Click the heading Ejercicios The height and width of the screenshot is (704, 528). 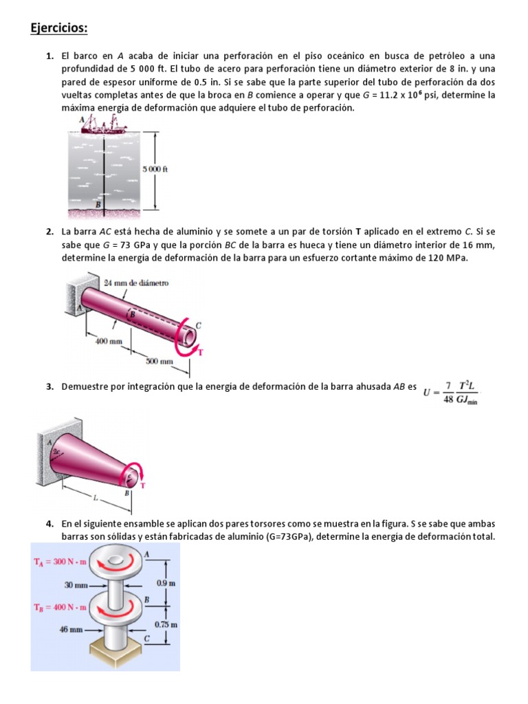coord(59,28)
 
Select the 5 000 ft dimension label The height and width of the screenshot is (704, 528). coord(155,168)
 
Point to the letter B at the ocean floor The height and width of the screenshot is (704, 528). coord(98,204)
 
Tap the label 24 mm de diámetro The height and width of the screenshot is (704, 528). coord(135,283)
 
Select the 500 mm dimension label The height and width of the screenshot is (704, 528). coord(159,360)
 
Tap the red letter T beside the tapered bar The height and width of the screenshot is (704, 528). coord(143,485)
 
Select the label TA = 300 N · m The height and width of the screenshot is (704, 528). coord(60,561)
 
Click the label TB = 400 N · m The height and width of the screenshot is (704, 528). coord(60,607)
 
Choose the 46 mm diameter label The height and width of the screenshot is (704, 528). coord(71,628)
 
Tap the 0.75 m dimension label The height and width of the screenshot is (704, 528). coord(168,625)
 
